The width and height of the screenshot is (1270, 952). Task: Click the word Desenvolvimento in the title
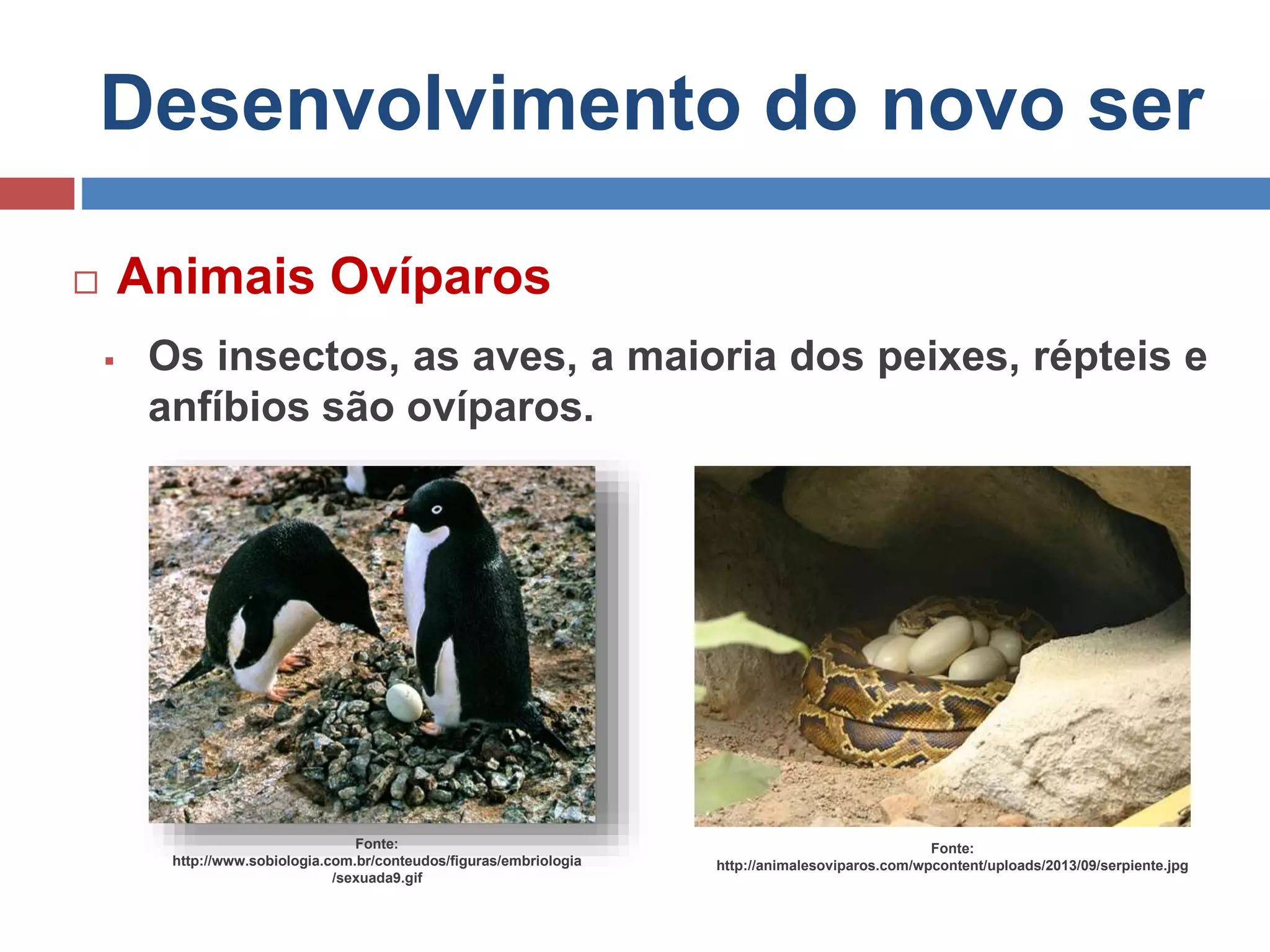click(420, 104)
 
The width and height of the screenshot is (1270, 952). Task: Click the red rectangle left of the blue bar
click(37, 193)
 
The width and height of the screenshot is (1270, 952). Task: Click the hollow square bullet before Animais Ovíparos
click(86, 283)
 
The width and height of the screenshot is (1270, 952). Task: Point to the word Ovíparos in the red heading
click(440, 278)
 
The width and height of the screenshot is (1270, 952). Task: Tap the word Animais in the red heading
click(216, 276)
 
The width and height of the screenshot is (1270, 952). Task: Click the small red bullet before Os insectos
click(109, 361)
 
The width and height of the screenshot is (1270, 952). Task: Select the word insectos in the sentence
click(308, 357)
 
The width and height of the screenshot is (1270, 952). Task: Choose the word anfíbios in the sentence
click(228, 408)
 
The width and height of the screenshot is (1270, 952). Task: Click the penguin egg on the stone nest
click(404, 702)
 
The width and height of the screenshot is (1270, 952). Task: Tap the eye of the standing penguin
click(437, 509)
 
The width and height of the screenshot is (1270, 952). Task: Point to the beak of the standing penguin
click(397, 513)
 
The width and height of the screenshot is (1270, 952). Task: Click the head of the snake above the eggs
click(918, 617)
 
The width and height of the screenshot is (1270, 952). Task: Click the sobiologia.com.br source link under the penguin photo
click(377, 861)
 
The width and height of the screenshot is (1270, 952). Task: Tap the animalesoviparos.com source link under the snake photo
click(952, 866)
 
